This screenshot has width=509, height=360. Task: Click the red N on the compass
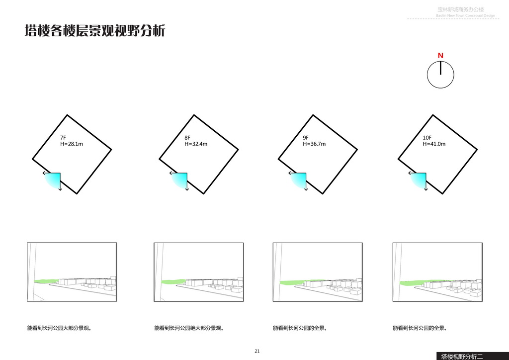pos(440,55)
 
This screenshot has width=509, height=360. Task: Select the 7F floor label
pos(63,138)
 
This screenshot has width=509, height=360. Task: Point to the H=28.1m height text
pos(71,144)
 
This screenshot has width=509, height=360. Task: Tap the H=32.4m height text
pos(196,144)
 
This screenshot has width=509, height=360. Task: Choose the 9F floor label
pos(306,138)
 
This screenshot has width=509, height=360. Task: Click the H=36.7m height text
pos(314,144)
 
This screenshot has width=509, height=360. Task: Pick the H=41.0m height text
pos(434,144)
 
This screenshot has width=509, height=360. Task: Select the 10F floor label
pos(427,138)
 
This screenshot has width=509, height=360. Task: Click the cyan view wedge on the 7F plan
pos(54,180)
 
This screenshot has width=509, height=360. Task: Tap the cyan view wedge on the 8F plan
pos(180,180)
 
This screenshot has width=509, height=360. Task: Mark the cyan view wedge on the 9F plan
pos(299,180)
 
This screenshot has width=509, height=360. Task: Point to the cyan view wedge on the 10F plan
pos(419,180)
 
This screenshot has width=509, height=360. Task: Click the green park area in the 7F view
pos(46,281)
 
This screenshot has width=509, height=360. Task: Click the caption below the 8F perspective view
pos(189,328)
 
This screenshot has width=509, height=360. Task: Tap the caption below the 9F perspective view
pos(300,328)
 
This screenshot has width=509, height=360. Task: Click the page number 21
pos(257,351)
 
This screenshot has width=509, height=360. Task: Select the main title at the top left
pos(95,31)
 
